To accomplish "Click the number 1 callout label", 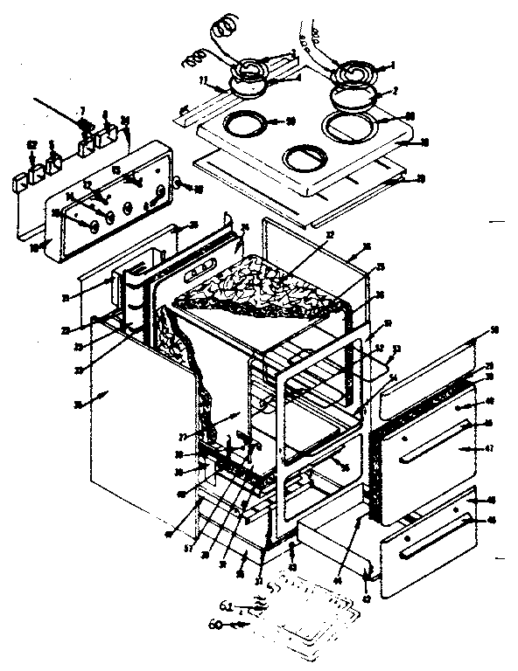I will pos(394,65).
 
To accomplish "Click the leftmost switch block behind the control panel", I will pos(19,182).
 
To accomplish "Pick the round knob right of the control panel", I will pos(178,184).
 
